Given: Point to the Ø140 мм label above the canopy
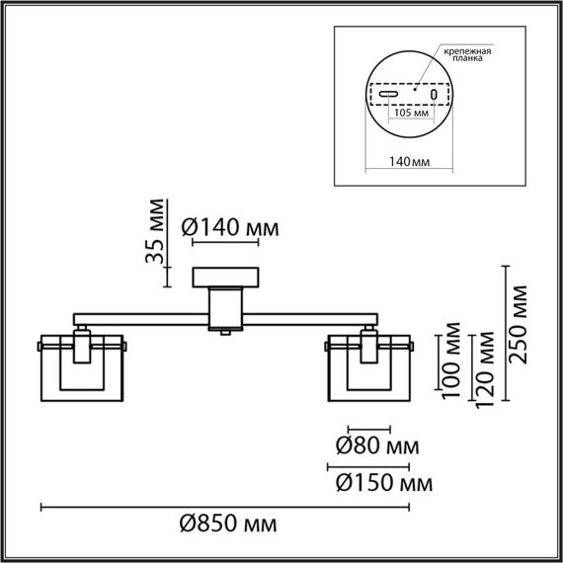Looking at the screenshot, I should coord(231,228).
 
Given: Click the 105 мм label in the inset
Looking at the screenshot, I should coord(411,115).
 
